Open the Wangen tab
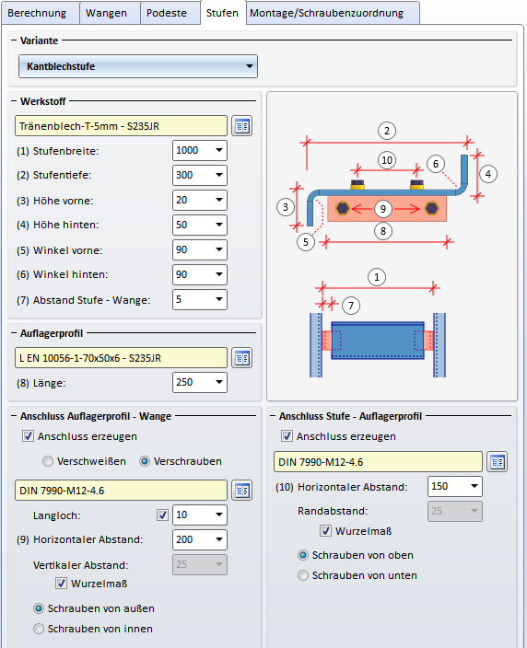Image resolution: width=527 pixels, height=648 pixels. pyautogui.click(x=106, y=13)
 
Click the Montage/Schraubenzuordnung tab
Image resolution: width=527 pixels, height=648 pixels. pyautogui.click(x=326, y=13)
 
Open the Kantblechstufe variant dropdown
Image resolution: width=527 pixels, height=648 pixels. pyautogui.click(x=138, y=66)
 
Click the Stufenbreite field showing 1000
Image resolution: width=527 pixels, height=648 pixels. pyautogui.click(x=199, y=150)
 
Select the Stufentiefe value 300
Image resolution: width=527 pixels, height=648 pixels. pyautogui.click(x=199, y=175)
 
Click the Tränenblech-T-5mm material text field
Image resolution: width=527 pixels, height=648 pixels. pyautogui.click(x=121, y=126)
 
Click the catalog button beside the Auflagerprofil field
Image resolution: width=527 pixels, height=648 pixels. pyautogui.click(x=242, y=358)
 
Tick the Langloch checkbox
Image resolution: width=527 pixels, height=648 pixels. pyautogui.click(x=162, y=515)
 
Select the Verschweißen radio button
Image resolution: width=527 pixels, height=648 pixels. pyautogui.click(x=48, y=461)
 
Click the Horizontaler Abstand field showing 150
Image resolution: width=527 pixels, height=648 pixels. pyautogui.click(x=454, y=486)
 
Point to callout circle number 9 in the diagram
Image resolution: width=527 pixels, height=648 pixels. pyautogui.click(x=383, y=209)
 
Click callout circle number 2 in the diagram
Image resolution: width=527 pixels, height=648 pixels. pyautogui.click(x=387, y=131)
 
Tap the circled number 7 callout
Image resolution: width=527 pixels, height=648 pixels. pyautogui.click(x=351, y=306)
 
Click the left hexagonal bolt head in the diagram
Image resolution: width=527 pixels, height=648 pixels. pyautogui.click(x=343, y=208)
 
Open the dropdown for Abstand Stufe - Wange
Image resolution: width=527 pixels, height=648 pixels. pyautogui.click(x=219, y=299)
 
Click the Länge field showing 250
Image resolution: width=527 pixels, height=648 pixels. pyautogui.click(x=199, y=382)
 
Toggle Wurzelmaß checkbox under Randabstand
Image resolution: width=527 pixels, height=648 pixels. pyautogui.click(x=325, y=530)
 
